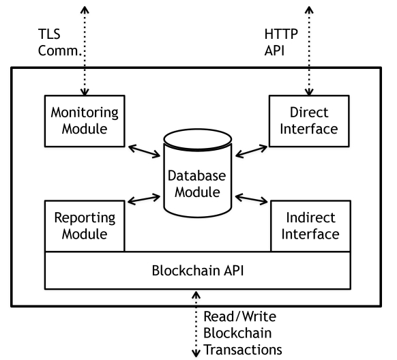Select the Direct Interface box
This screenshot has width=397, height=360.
pos(304,121)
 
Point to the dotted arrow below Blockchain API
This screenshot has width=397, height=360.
pos(196,324)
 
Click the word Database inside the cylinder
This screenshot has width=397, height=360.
pos(194,176)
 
